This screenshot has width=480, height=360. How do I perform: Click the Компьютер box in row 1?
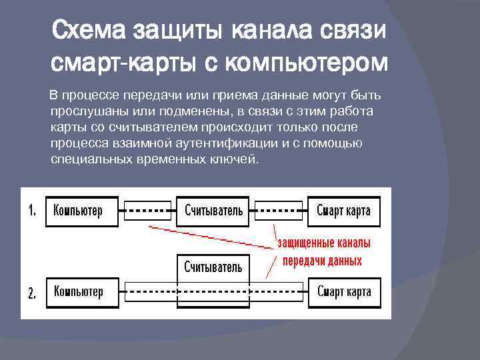pyautogui.click(x=81, y=211)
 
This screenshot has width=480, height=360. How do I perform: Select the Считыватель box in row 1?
pyautogui.click(x=213, y=211)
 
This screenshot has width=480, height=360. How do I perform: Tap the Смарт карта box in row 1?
pyautogui.click(x=343, y=211)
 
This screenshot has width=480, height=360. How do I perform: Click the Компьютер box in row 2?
pyautogui.click(x=81, y=292)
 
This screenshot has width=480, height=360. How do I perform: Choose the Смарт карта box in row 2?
pyautogui.click(x=343, y=292)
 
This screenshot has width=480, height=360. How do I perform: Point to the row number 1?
pyautogui.click(x=32, y=211)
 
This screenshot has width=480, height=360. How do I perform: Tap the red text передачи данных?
pyautogui.click(x=323, y=261)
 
